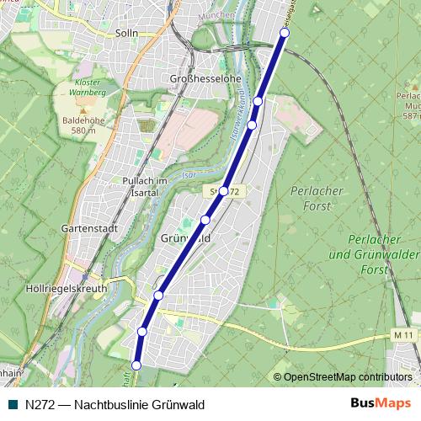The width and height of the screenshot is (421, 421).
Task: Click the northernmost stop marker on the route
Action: [285, 32]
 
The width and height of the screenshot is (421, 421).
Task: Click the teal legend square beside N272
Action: [12, 404]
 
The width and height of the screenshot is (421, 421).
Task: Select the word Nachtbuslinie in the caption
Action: [114, 404]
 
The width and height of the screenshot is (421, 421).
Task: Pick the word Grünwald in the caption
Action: [179, 404]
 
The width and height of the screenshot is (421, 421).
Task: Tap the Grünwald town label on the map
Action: [184, 239]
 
